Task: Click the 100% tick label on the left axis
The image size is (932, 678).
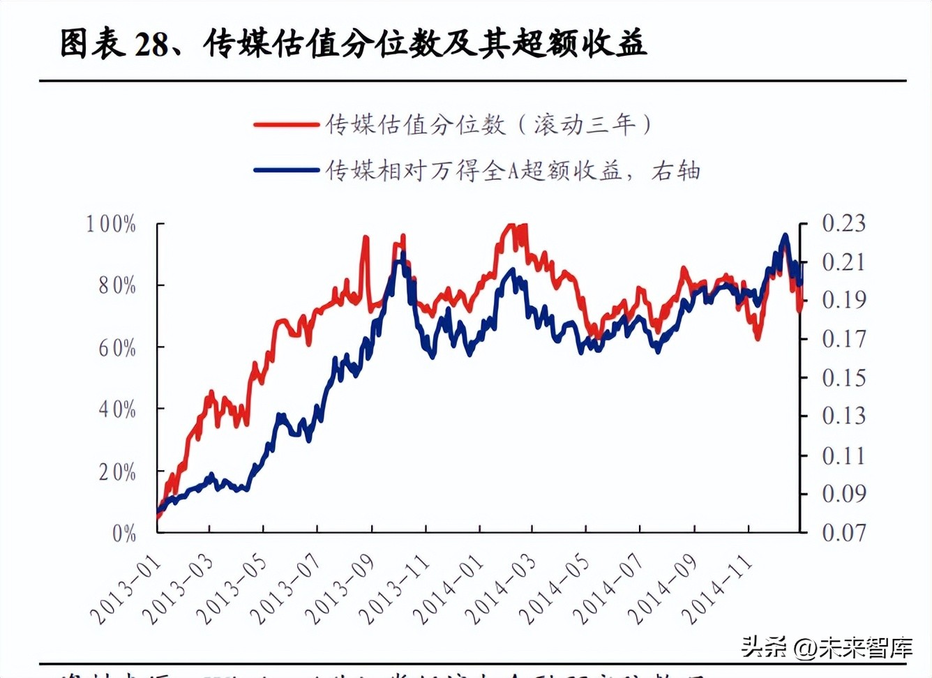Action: pos(111,225)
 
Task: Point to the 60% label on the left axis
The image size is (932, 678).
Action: pos(117,347)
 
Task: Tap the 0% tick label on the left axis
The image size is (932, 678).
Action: pos(124,534)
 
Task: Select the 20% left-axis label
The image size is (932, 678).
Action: pos(117,472)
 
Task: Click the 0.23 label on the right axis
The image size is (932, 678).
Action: pos(843,224)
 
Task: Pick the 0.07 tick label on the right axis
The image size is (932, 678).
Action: pos(843,533)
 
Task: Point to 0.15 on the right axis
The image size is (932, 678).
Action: pos(843,378)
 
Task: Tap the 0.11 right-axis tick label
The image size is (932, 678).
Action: pos(843,456)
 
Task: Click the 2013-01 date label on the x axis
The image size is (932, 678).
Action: pos(126,590)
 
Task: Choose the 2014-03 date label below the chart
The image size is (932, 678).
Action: pos(501,590)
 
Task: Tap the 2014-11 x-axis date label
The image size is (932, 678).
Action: pos(717,590)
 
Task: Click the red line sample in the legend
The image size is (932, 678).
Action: pos(286,125)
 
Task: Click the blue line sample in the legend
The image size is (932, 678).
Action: pos(286,170)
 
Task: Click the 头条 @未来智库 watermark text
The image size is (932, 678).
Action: pos(827,647)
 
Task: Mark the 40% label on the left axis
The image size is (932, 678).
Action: pos(117,409)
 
